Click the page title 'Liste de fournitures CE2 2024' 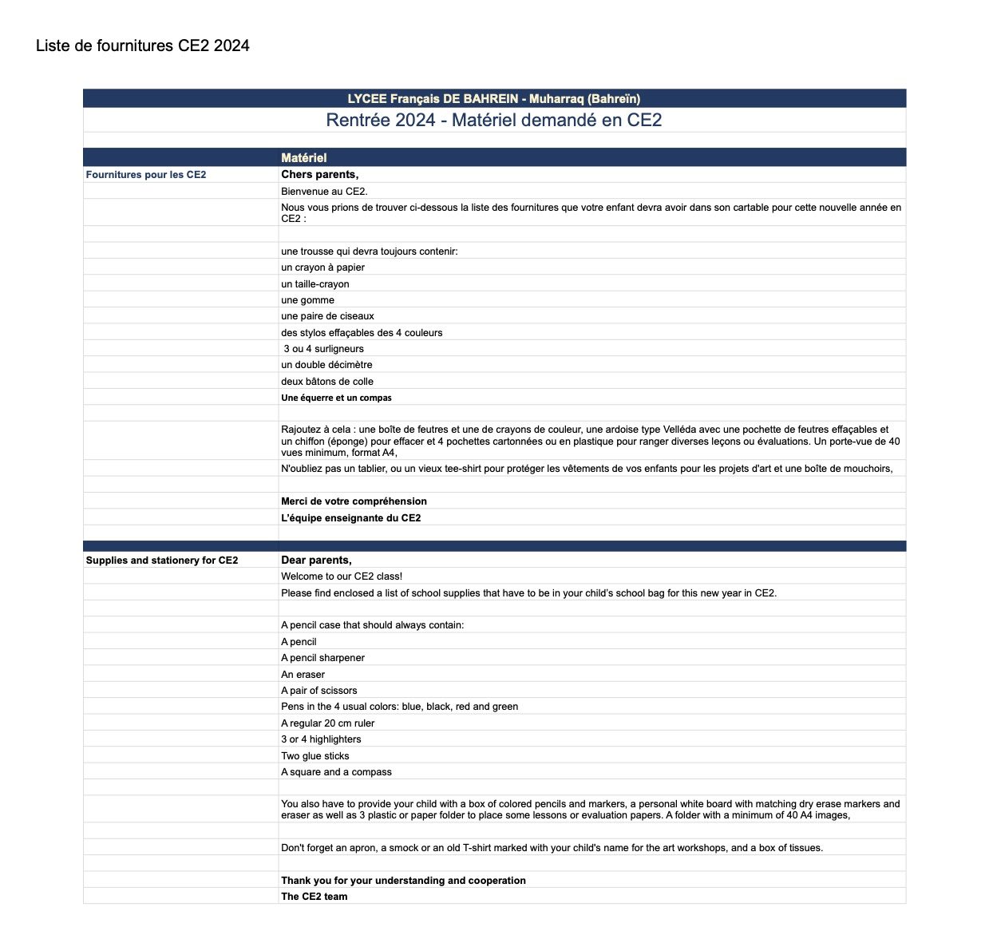coord(142,46)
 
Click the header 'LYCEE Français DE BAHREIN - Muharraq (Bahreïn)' coord(493,99)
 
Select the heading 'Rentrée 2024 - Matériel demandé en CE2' coord(493,121)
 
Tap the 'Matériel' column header coord(303,158)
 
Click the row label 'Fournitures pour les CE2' coord(146,175)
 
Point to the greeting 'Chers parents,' coord(319,175)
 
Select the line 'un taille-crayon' coord(315,284)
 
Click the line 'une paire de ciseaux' coord(327,316)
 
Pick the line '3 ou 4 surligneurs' coord(323,349)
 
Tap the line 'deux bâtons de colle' coord(327,382)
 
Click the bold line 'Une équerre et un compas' coord(336,398)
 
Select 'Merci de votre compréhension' coord(354,501)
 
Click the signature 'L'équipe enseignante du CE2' coord(350,518)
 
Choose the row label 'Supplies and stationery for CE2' coord(162,561)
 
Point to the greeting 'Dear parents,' coord(316,561)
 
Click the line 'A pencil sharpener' coord(322,658)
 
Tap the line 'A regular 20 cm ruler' coord(327,723)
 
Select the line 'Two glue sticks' coord(315,756)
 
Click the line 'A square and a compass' coord(336,772)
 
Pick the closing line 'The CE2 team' coord(314,897)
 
